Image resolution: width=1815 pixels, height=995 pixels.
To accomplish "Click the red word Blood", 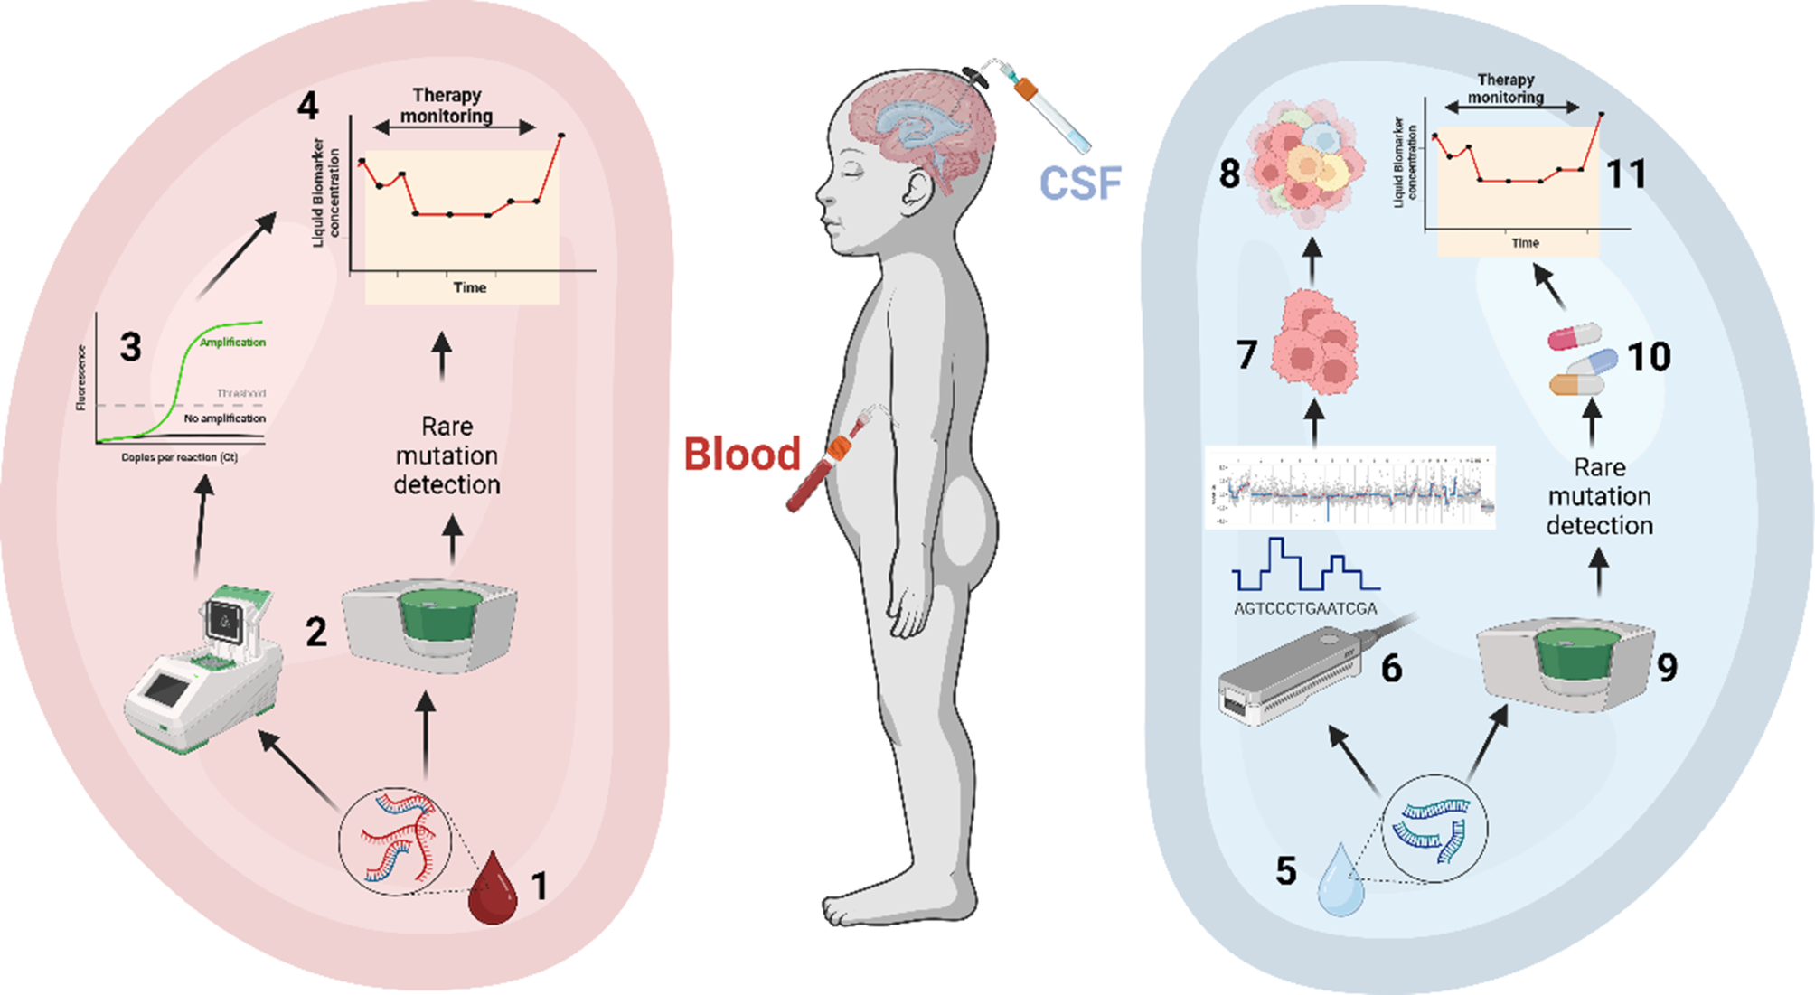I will click(x=742, y=454).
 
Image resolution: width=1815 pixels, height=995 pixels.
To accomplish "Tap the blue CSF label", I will click(x=1080, y=183).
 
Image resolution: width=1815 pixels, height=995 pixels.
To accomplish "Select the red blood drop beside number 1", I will click(x=493, y=889).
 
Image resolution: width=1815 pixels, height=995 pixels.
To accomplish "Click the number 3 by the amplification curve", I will click(x=131, y=347).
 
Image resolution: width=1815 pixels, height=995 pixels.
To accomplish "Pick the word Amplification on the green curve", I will click(x=232, y=343).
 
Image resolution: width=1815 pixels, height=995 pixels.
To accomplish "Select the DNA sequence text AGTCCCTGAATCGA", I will click(x=1305, y=609).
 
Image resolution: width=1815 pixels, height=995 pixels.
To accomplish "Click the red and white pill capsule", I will click(x=1575, y=336).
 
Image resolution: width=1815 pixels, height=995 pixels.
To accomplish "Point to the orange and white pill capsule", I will click(x=1576, y=385).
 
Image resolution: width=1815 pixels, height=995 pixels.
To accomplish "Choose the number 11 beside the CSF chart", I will click(x=1625, y=174).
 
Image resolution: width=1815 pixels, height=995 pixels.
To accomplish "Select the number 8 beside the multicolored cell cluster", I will click(x=1229, y=174).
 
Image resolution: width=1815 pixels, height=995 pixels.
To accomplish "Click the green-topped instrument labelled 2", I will click(x=430, y=628).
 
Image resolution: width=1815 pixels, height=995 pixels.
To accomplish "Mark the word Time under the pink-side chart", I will click(x=469, y=287).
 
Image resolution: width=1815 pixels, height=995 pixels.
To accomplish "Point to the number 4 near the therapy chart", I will click(x=308, y=107).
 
